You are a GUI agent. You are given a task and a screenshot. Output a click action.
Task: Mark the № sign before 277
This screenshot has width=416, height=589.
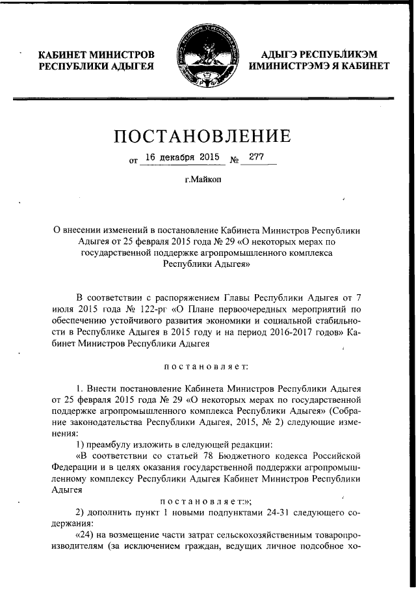(x=235, y=159)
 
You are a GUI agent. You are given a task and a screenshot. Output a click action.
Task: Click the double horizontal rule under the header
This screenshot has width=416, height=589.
(x=207, y=99)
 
